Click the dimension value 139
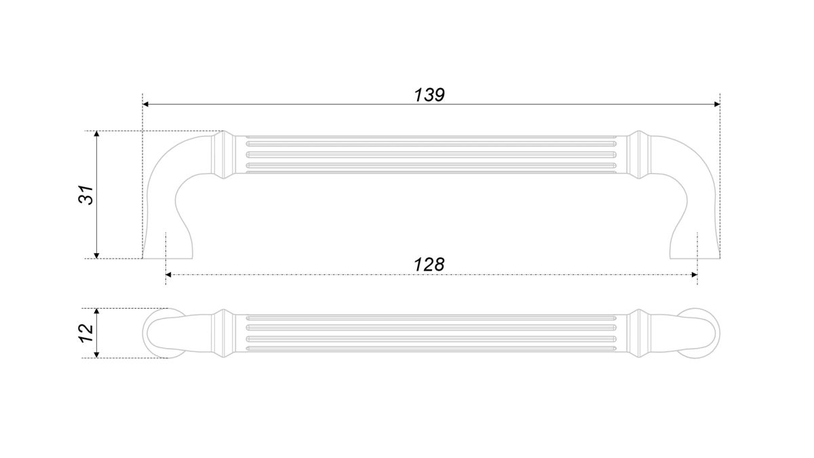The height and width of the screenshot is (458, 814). [x=429, y=95]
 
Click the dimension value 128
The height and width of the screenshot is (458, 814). [x=429, y=265]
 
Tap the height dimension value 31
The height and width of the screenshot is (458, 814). [x=87, y=195]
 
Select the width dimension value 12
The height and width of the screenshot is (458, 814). [x=87, y=333]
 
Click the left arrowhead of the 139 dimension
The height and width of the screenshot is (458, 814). [x=145, y=104]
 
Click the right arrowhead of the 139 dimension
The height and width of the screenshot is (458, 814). [x=717, y=104]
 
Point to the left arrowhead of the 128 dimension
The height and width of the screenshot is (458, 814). [x=169, y=275]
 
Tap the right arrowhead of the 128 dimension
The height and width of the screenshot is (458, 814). [x=695, y=275]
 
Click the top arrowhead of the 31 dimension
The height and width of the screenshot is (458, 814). [x=96, y=134]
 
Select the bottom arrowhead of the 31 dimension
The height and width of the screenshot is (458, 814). [x=96, y=256]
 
